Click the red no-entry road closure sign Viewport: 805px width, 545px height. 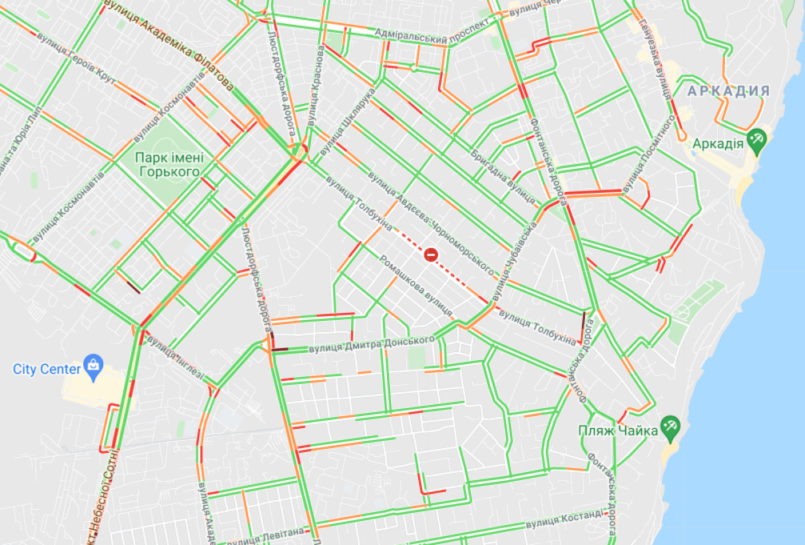(x=431, y=255)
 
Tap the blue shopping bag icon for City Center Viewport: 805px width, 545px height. (x=94, y=367)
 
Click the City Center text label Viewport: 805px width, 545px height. (x=46, y=369)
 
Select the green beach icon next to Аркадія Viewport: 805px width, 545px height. (x=756, y=142)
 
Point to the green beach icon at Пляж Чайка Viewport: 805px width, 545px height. (x=669, y=429)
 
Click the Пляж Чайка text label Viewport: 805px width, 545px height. (x=618, y=431)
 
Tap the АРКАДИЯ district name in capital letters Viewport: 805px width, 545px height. (x=728, y=91)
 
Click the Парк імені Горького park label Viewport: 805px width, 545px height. (x=169, y=164)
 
